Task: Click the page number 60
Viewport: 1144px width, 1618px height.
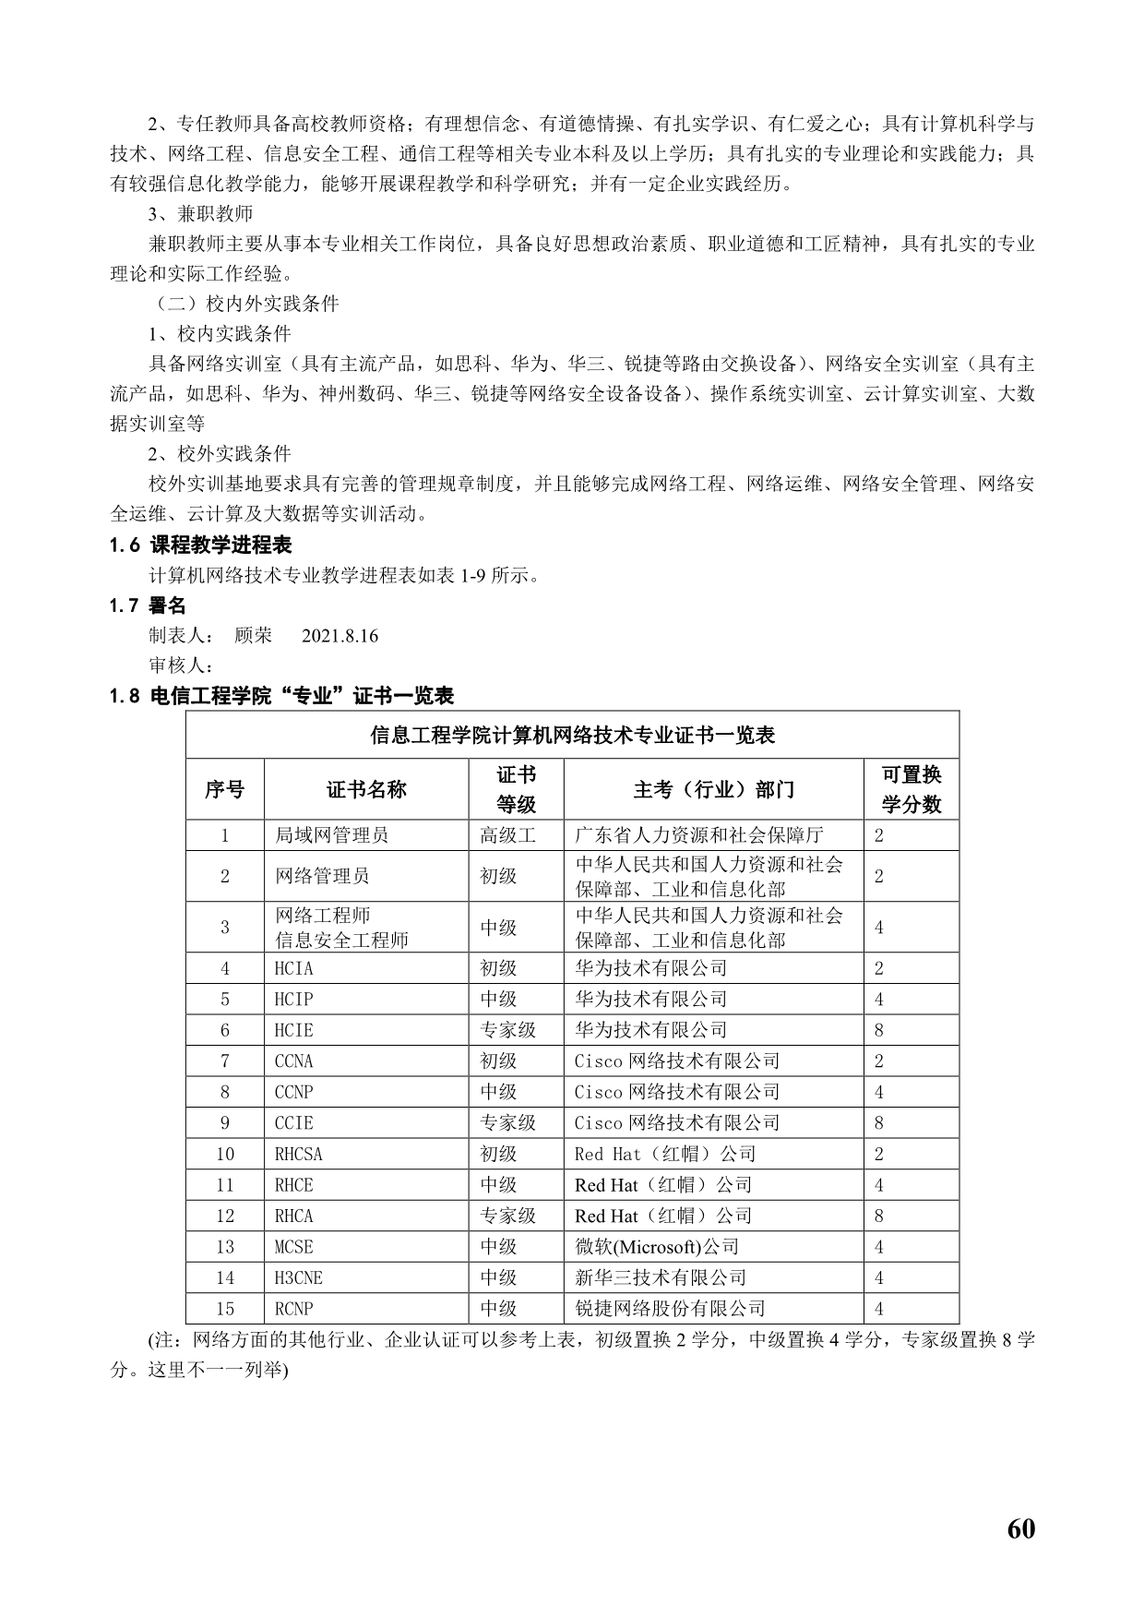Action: (x=1021, y=1528)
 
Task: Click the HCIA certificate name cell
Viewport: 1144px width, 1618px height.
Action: (x=294, y=968)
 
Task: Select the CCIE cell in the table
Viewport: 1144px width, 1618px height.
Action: (x=294, y=1123)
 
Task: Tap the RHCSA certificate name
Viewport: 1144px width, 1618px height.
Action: (x=299, y=1155)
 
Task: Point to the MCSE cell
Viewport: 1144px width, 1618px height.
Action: (x=294, y=1247)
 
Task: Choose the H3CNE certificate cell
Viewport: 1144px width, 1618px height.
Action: (x=299, y=1278)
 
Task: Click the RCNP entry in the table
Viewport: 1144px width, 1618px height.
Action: (x=294, y=1309)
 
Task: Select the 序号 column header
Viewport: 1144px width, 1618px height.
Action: (x=224, y=789)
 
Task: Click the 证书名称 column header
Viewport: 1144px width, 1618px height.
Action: (x=366, y=789)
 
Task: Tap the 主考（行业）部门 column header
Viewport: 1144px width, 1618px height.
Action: (x=713, y=789)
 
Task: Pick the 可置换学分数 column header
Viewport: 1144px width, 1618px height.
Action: (x=912, y=789)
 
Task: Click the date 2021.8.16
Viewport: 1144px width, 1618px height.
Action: (x=340, y=636)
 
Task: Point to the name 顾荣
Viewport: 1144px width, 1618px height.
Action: (x=254, y=636)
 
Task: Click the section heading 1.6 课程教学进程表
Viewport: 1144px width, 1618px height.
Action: (x=200, y=545)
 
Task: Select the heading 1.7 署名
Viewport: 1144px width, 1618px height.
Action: (x=148, y=605)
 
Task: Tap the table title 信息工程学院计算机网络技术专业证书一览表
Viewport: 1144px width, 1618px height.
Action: (x=572, y=736)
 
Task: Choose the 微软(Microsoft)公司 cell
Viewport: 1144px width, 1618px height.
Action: (x=657, y=1247)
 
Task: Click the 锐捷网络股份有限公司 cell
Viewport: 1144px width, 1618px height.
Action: (x=670, y=1309)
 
